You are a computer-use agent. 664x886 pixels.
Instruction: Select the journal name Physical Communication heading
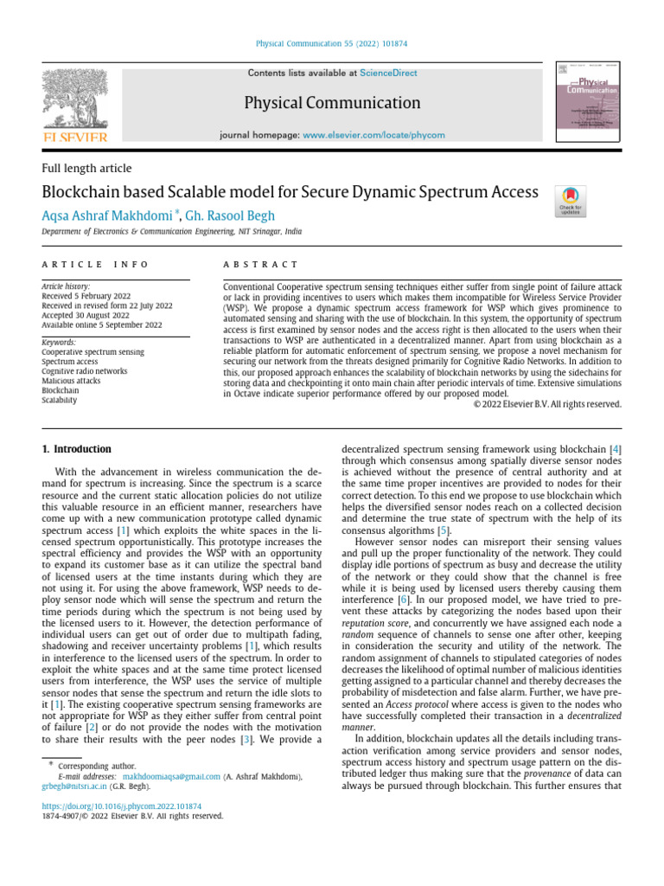(332, 104)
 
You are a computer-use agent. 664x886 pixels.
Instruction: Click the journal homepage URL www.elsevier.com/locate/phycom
(373, 135)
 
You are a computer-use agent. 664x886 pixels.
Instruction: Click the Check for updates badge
(571, 202)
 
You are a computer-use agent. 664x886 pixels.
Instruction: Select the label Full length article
(86, 169)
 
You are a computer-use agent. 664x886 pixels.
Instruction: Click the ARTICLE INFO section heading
(95, 264)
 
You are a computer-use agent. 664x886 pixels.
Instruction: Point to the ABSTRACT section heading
(260, 264)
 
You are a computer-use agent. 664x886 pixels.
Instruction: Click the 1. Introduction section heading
(77, 449)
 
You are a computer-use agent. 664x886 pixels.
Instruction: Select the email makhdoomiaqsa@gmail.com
(171, 778)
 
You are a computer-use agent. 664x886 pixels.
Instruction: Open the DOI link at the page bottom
(121, 806)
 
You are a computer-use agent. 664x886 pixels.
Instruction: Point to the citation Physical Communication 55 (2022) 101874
(332, 44)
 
